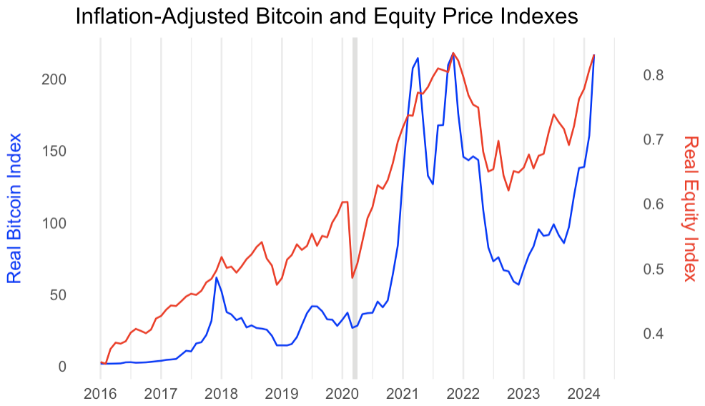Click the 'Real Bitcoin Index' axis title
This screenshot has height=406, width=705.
click(x=14, y=208)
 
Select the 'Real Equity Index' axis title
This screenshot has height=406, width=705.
click(x=690, y=208)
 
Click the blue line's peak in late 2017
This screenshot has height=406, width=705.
click(x=216, y=277)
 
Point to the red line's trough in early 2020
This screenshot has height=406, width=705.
click(x=352, y=277)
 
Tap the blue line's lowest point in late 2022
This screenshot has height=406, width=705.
click(x=518, y=284)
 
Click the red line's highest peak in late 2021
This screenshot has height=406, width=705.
click(x=453, y=53)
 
